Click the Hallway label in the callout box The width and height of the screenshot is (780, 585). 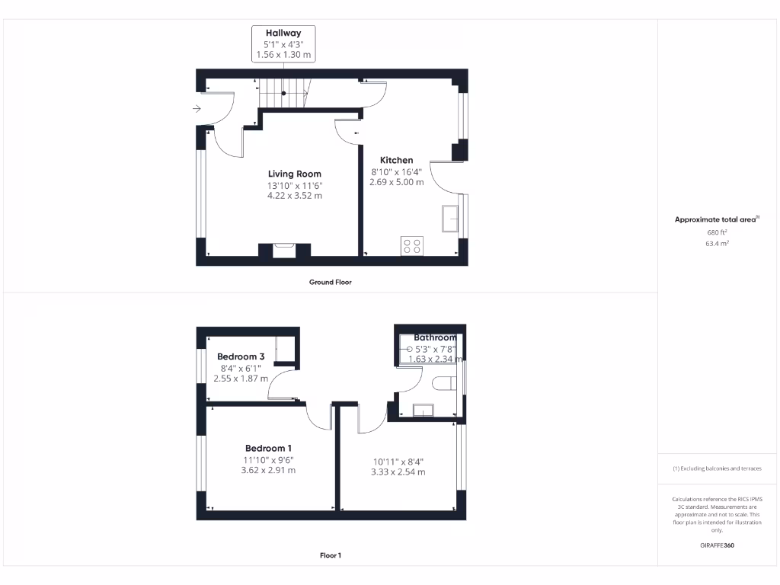[x=283, y=33]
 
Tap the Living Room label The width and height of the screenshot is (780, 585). [x=294, y=174]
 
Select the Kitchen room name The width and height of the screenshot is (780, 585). [x=396, y=160]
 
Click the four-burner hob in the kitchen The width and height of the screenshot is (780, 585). [x=412, y=246]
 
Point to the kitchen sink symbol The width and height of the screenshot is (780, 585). [x=449, y=219]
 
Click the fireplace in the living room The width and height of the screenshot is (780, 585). [x=285, y=250]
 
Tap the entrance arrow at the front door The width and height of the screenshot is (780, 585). [x=197, y=109]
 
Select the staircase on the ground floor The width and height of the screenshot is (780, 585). [x=283, y=93]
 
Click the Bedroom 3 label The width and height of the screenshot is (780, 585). [x=241, y=356]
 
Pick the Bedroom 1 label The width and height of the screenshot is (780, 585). [x=268, y=448]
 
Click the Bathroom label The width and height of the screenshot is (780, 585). [x=435, y=337]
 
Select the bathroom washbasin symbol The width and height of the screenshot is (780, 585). [x=422, y=411]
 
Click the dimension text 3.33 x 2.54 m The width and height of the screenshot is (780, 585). [x=398, y=472]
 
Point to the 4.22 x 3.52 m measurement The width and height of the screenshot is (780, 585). [x=294, y=196]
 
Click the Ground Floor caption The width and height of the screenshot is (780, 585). [x=330, y=282]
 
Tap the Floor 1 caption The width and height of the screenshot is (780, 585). [x=330, y=555]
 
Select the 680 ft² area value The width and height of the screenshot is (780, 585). [x=717, y=232]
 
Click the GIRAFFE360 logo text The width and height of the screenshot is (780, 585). [x=717, y=545]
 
